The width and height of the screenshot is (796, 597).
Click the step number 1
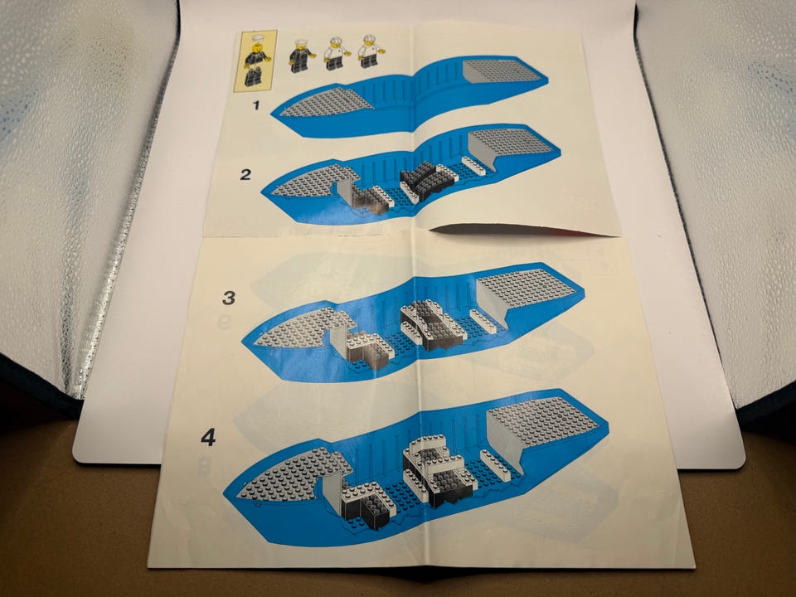[x=256, y=105]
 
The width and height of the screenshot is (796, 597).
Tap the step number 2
[x=245, y=175]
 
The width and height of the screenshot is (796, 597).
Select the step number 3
[x=229, y=298]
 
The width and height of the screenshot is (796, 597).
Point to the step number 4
[x=208, y=437]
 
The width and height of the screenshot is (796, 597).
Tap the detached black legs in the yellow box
[x=254, y=77]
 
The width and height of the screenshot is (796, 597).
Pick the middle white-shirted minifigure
[x=336, y=53]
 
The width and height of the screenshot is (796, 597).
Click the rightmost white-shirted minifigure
[x=371, y=51]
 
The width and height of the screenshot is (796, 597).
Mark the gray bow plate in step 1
[x=327, y=102]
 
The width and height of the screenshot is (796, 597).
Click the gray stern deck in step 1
[x=502, y=71]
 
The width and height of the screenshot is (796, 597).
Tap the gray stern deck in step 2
[x=510, y=144]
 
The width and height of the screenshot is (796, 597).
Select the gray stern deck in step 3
[x=528, y=292]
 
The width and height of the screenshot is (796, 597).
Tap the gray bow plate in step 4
[x=292, y=473]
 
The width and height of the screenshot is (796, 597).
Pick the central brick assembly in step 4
[x=439, y=469]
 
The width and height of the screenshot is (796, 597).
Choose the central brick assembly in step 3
[x=433, y=325]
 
